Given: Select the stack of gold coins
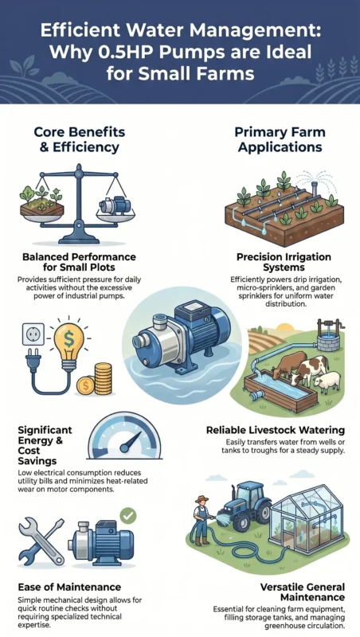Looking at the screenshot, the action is coord(103,379).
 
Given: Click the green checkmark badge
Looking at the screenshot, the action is coord(128,516).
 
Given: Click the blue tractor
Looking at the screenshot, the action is coord(243,506).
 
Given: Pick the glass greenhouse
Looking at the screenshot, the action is coord(310,519).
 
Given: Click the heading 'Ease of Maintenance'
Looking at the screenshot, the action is coord(69,587).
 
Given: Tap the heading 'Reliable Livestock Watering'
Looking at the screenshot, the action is coord(276,430).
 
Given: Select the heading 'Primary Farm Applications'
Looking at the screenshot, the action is coord(280,139).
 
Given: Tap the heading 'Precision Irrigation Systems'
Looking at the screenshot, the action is coord(284,262).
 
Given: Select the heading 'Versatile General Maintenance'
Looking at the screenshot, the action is coord(303,592).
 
